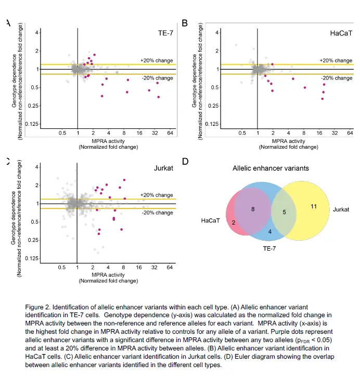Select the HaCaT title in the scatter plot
341,33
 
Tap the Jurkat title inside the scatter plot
164,168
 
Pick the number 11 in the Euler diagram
313,207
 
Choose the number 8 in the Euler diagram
252,210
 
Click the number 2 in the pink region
234,223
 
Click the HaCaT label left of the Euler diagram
211,221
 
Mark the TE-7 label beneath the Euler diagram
269,250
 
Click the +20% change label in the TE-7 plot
157,60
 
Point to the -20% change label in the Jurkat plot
157,212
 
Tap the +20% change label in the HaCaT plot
336,60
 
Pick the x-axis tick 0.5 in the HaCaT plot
242,134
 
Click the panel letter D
185,162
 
